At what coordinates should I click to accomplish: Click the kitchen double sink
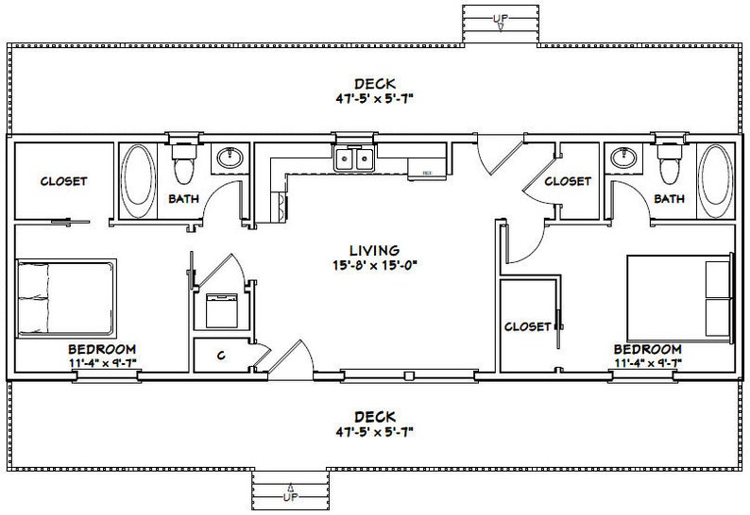pos(355,159)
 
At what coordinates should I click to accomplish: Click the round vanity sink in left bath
pos(229,158)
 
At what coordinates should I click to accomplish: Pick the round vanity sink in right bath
pos(623,158)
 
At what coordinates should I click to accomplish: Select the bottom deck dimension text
pos(376,431)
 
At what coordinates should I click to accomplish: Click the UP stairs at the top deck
pos(500,21)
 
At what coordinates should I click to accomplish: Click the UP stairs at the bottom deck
pos(291,492)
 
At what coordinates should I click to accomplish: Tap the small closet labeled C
pos(220,355)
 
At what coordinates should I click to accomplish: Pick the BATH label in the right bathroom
pos(669,199)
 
